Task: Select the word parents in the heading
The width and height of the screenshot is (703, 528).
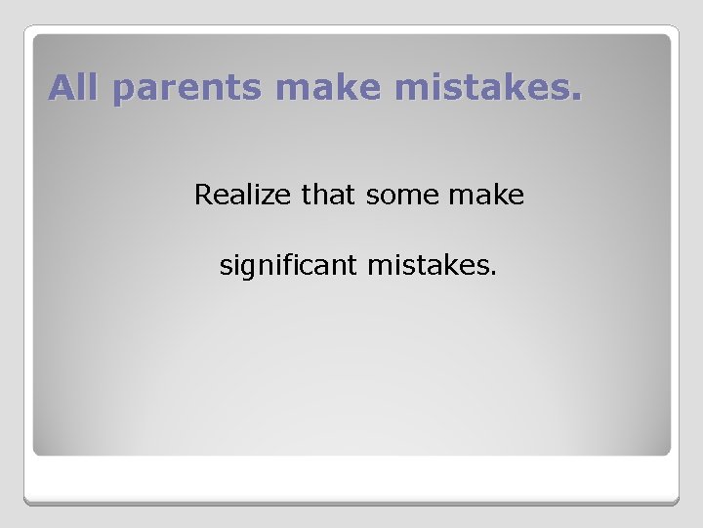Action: coord(186,89)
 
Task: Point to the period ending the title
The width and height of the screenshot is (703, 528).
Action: coord(575,98)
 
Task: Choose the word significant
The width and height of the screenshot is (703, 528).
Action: coord(289,265)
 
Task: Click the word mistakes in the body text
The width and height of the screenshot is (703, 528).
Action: coord(429,264)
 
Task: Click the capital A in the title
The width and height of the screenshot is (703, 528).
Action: coord(61,87)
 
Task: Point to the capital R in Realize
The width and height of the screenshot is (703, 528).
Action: coord(203,196)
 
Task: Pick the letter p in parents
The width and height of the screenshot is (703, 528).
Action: coord(123,91)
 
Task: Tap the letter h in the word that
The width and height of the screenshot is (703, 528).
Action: coord(319,196)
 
